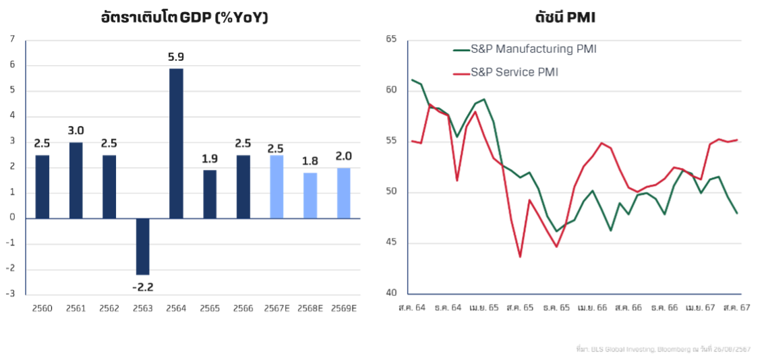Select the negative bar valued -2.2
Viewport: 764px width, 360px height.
[x=142, y=247]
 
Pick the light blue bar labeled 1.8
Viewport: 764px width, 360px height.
[x=310, y=196]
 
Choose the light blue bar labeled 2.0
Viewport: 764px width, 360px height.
[x=343, y=193]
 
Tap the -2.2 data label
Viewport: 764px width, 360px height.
[x=142, y=287]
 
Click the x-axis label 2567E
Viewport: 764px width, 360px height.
[x=276, y=307]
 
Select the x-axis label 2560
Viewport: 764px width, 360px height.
[x=42, y=307]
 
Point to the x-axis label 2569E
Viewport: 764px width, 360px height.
[x=343, y=307]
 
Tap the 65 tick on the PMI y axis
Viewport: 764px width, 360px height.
[x=392, y=39]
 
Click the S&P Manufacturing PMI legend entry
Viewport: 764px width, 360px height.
[x=525, y=49]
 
